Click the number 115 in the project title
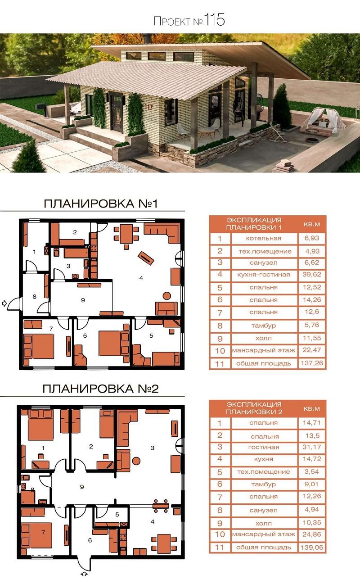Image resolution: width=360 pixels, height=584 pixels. (x=214, y=20)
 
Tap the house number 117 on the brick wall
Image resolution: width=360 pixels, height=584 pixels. (x=148, y=107)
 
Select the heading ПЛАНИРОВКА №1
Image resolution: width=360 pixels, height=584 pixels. (x=101, y=204)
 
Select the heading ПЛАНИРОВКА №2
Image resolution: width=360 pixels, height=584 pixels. (x=100, y=389)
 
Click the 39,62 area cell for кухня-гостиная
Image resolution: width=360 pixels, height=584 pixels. (x=312, y=274)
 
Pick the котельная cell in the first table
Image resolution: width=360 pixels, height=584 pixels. (x=264, y=238)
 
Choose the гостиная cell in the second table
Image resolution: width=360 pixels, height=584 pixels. (x=264, y=447)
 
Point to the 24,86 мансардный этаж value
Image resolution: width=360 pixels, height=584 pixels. (x=312, y=534)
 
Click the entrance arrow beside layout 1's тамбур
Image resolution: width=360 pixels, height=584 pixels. (x=4, y=303)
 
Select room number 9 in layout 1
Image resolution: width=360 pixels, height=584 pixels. (x=83, y=300)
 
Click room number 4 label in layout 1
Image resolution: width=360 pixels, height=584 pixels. (x=141, y=278)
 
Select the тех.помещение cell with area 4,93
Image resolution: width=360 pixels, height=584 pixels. (x=264, y=251)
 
